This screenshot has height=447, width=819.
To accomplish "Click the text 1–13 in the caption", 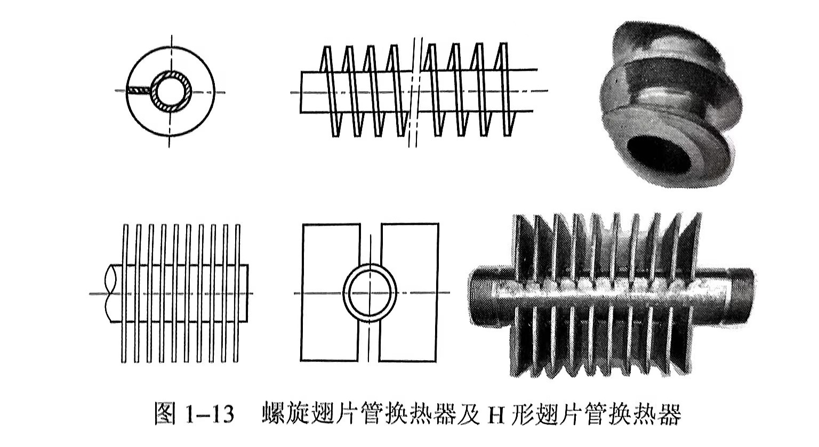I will pyautogui.click(x=210, y=414).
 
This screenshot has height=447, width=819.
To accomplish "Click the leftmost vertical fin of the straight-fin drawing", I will pyautogui.click(x=126, y=293).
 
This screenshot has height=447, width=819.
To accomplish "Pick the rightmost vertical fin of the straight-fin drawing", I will pyautogui.click(x=237, y=293).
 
